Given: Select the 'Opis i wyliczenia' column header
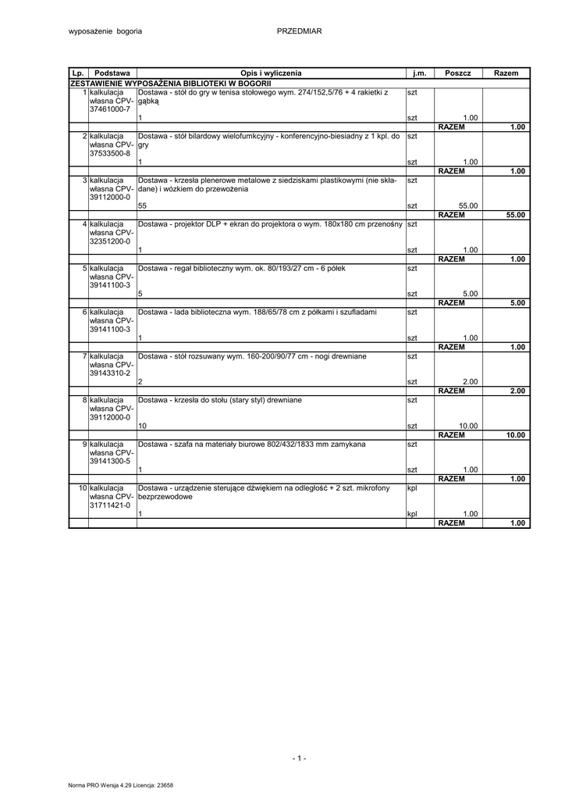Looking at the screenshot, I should (271, 73).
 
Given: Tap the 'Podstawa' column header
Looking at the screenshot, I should (112, 73).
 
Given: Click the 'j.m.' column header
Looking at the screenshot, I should (420, 73).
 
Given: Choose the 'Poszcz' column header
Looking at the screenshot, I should (458, 73).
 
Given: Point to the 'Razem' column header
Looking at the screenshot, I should (506, 73).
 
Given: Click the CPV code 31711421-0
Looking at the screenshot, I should (110, 505).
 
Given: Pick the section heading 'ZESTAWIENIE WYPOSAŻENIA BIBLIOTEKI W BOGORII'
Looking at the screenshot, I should (170, 82).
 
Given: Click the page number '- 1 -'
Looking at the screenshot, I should (300, 758).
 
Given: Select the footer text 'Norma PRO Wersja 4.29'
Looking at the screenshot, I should (98, 785).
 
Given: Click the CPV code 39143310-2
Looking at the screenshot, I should (110, 373).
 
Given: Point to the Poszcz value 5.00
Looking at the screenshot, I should (470, 294).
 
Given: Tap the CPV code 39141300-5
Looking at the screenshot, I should (110, 461).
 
